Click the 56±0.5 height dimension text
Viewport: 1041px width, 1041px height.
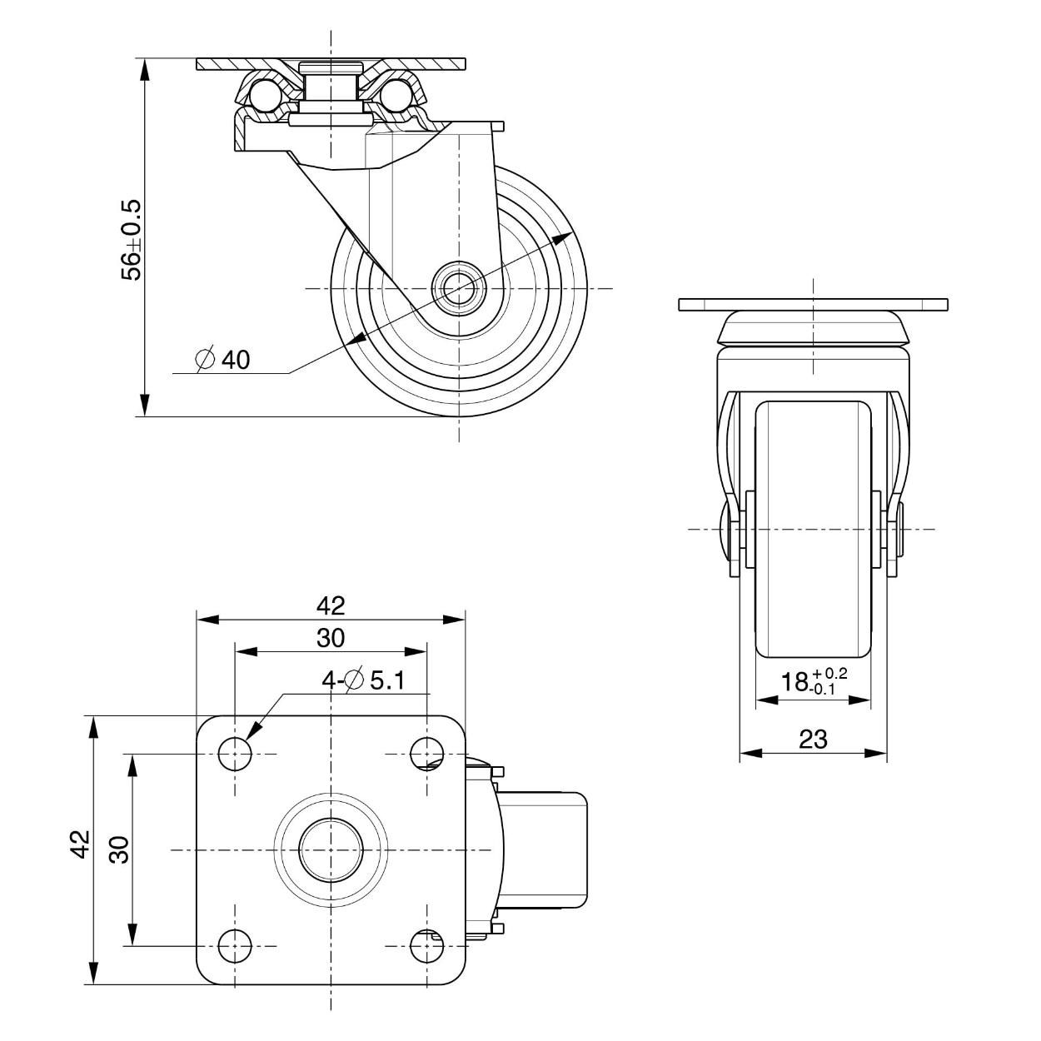(x=132, y=239)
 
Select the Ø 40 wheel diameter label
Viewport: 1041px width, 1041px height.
(x=222, y=359)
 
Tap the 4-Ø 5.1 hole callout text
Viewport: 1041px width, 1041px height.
(x=364, y=680)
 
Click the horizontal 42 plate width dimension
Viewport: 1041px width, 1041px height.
(x=331, y=605)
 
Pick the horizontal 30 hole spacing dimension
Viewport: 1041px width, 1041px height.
(x=331, y=638)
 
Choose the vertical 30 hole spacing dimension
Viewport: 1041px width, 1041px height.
(x=119, y=849)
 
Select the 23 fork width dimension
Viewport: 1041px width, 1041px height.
(x=813, y=738)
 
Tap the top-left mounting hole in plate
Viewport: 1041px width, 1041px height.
(x=235, y=754)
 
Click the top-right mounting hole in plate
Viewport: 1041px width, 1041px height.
(x=427, y=754)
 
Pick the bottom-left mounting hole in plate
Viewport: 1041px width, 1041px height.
(x=235, y=945)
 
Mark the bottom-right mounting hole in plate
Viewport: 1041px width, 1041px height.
(x=427, y=945)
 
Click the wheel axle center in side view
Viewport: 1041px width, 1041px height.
(x=458, y=288)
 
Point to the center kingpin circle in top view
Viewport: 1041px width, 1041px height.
(x=331, y=849)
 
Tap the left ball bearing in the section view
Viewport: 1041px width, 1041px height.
(x=262, y=94)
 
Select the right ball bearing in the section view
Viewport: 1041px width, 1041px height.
(x=401, y=94)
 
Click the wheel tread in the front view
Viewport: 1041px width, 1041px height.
(x=813, y=533)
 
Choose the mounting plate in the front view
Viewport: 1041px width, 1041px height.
(x=813, y=304)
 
